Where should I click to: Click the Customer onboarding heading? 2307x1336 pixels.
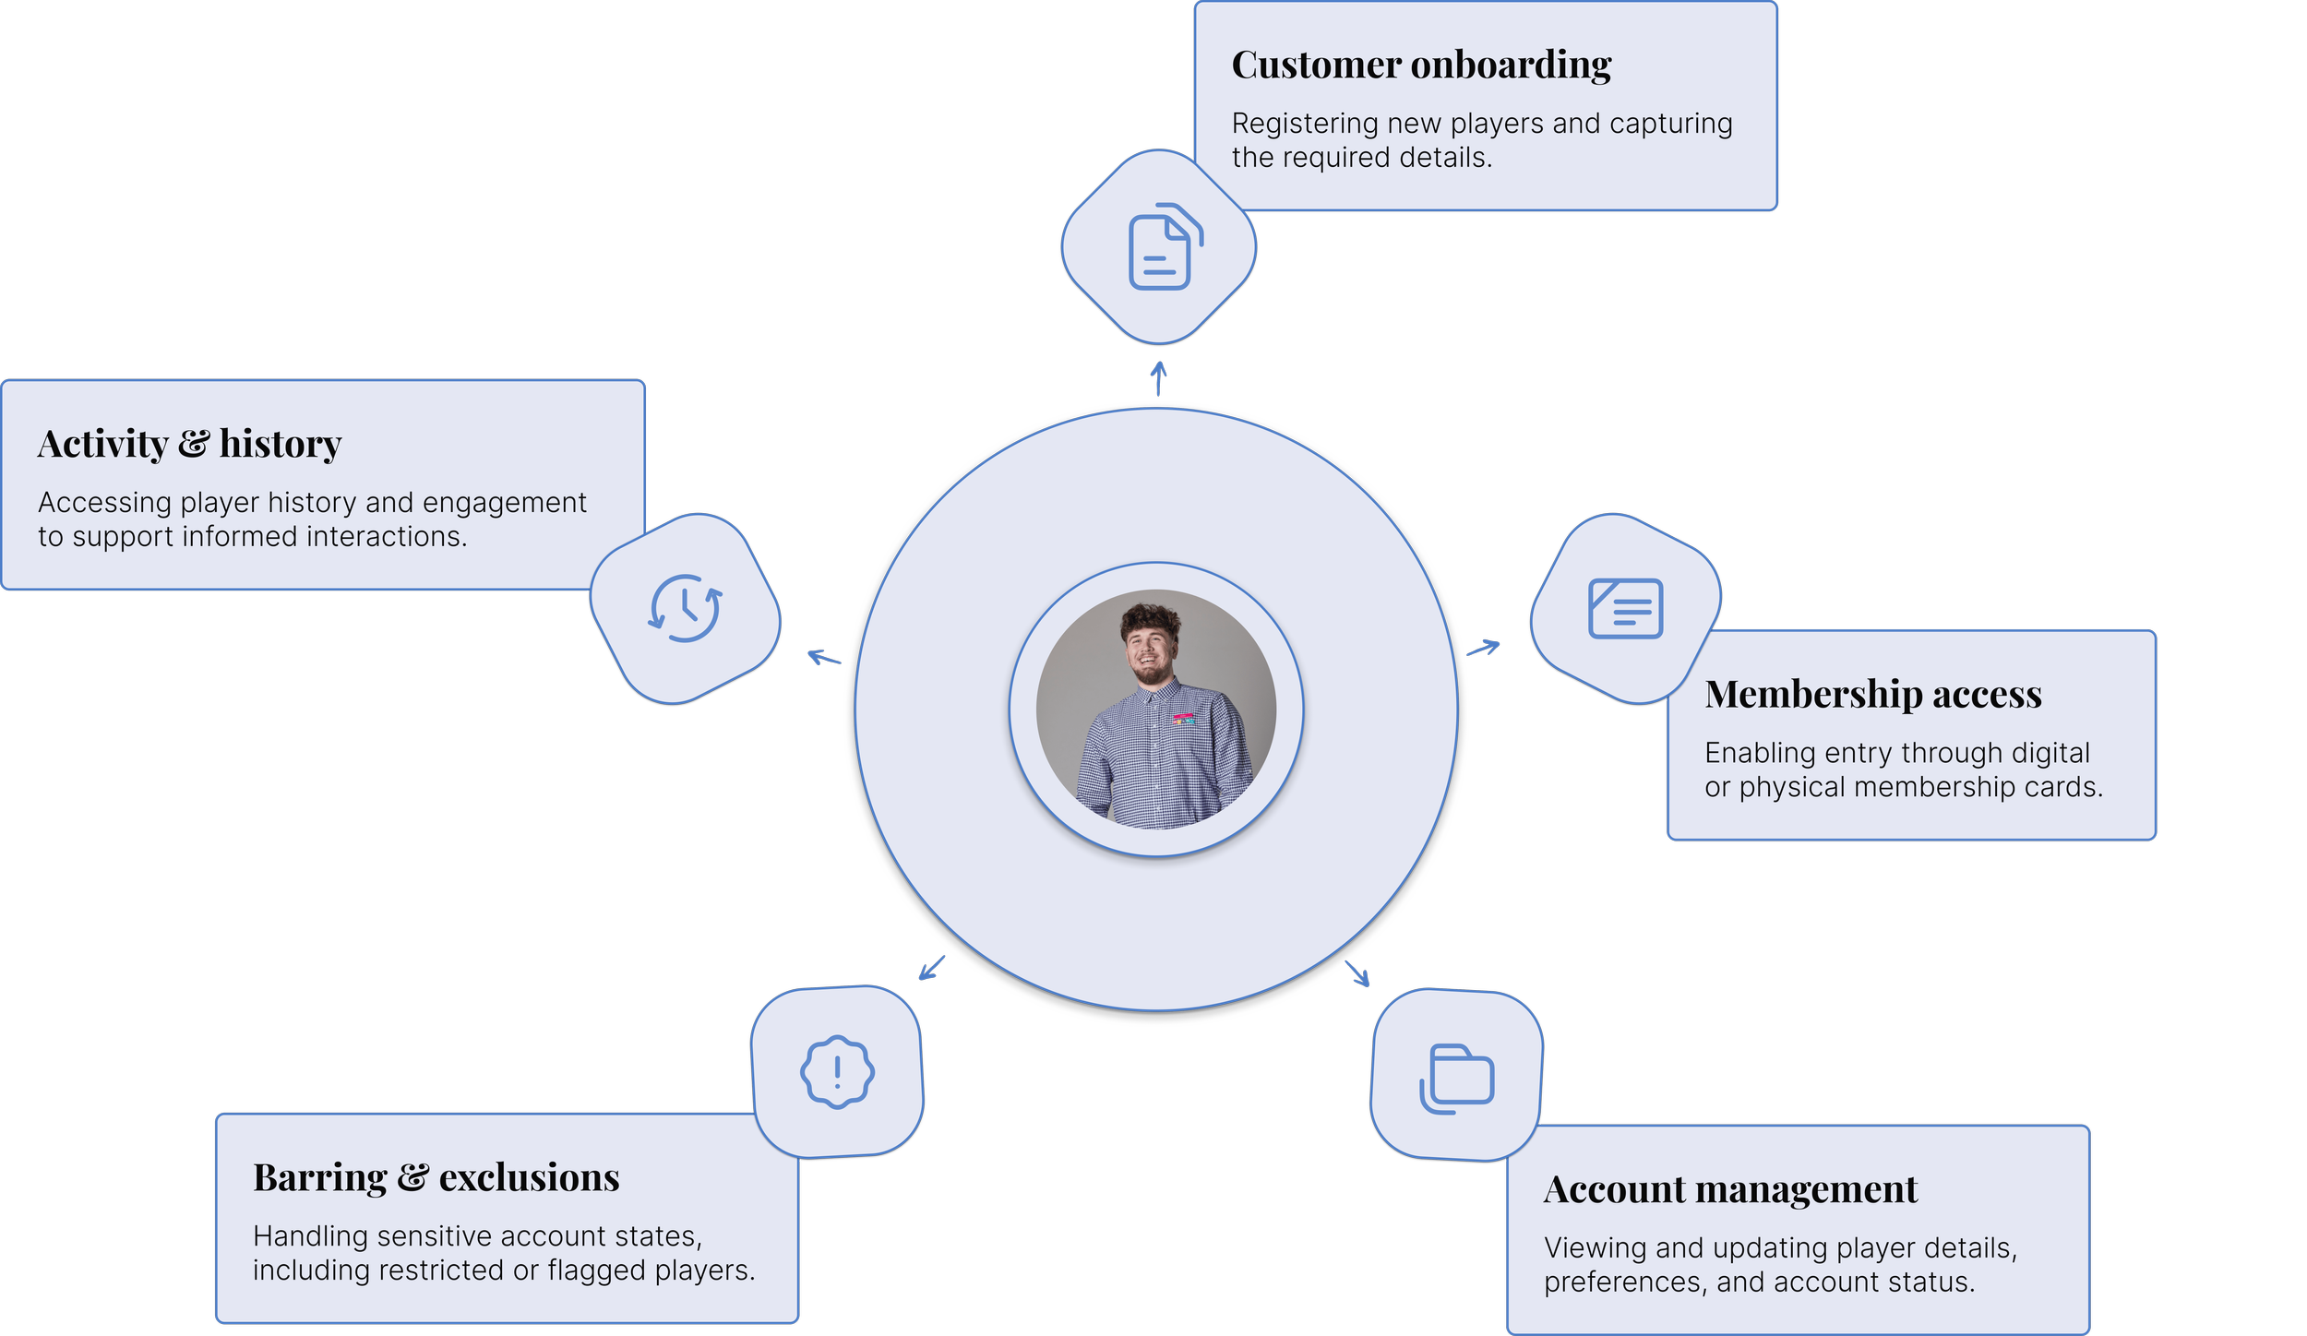(1421, 66)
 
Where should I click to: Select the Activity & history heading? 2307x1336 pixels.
(189, 444)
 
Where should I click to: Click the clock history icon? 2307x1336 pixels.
(685, 608)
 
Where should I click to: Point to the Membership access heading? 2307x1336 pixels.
(1872, 694)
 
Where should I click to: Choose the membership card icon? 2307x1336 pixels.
(1625, 609)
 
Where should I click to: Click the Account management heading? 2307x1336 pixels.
(1730, 1189)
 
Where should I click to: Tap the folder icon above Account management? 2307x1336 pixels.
(1456, 1079)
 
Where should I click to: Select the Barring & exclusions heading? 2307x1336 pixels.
(436, 1178)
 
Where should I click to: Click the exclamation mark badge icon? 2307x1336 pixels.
(837, 1071)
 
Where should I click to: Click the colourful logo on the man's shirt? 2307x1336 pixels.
(1184, 718)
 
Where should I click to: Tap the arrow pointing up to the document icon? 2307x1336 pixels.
(1160, 377)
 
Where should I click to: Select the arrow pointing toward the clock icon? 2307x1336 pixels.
(823, 657)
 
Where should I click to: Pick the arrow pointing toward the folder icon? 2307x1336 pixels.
(1359, 974)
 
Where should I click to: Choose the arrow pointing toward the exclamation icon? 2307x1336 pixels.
(934, 968)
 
